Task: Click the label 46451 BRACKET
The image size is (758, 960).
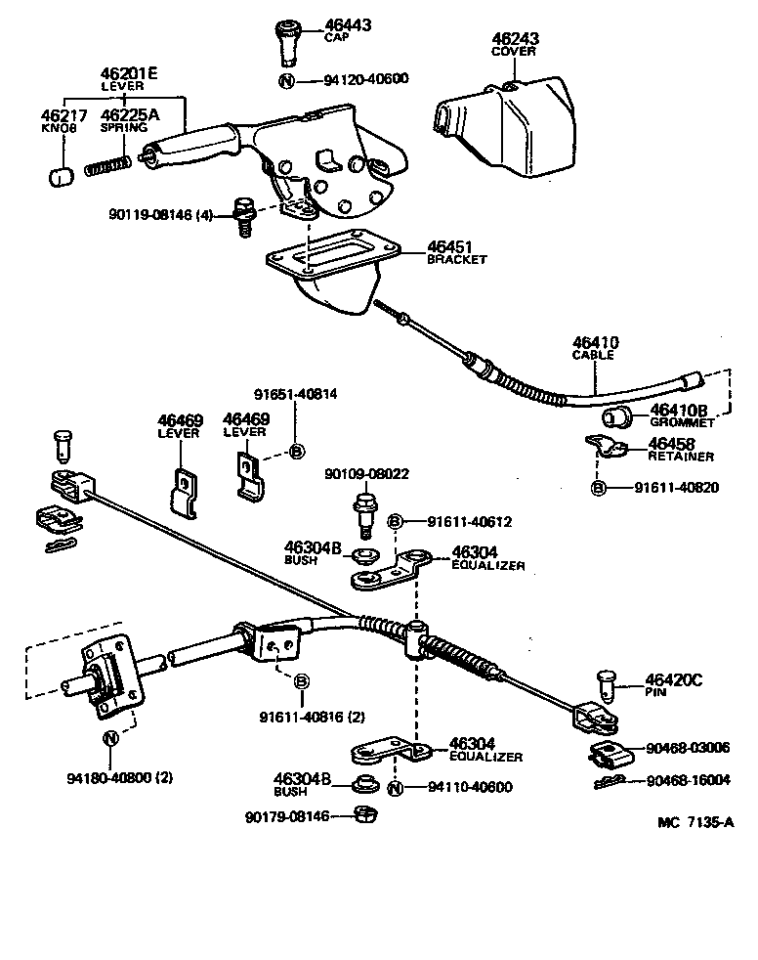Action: (454, 252)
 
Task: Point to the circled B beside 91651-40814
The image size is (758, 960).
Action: (297, 451)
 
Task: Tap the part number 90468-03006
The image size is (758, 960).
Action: (687, 748)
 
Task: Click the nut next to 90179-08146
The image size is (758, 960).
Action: (359, 814)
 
